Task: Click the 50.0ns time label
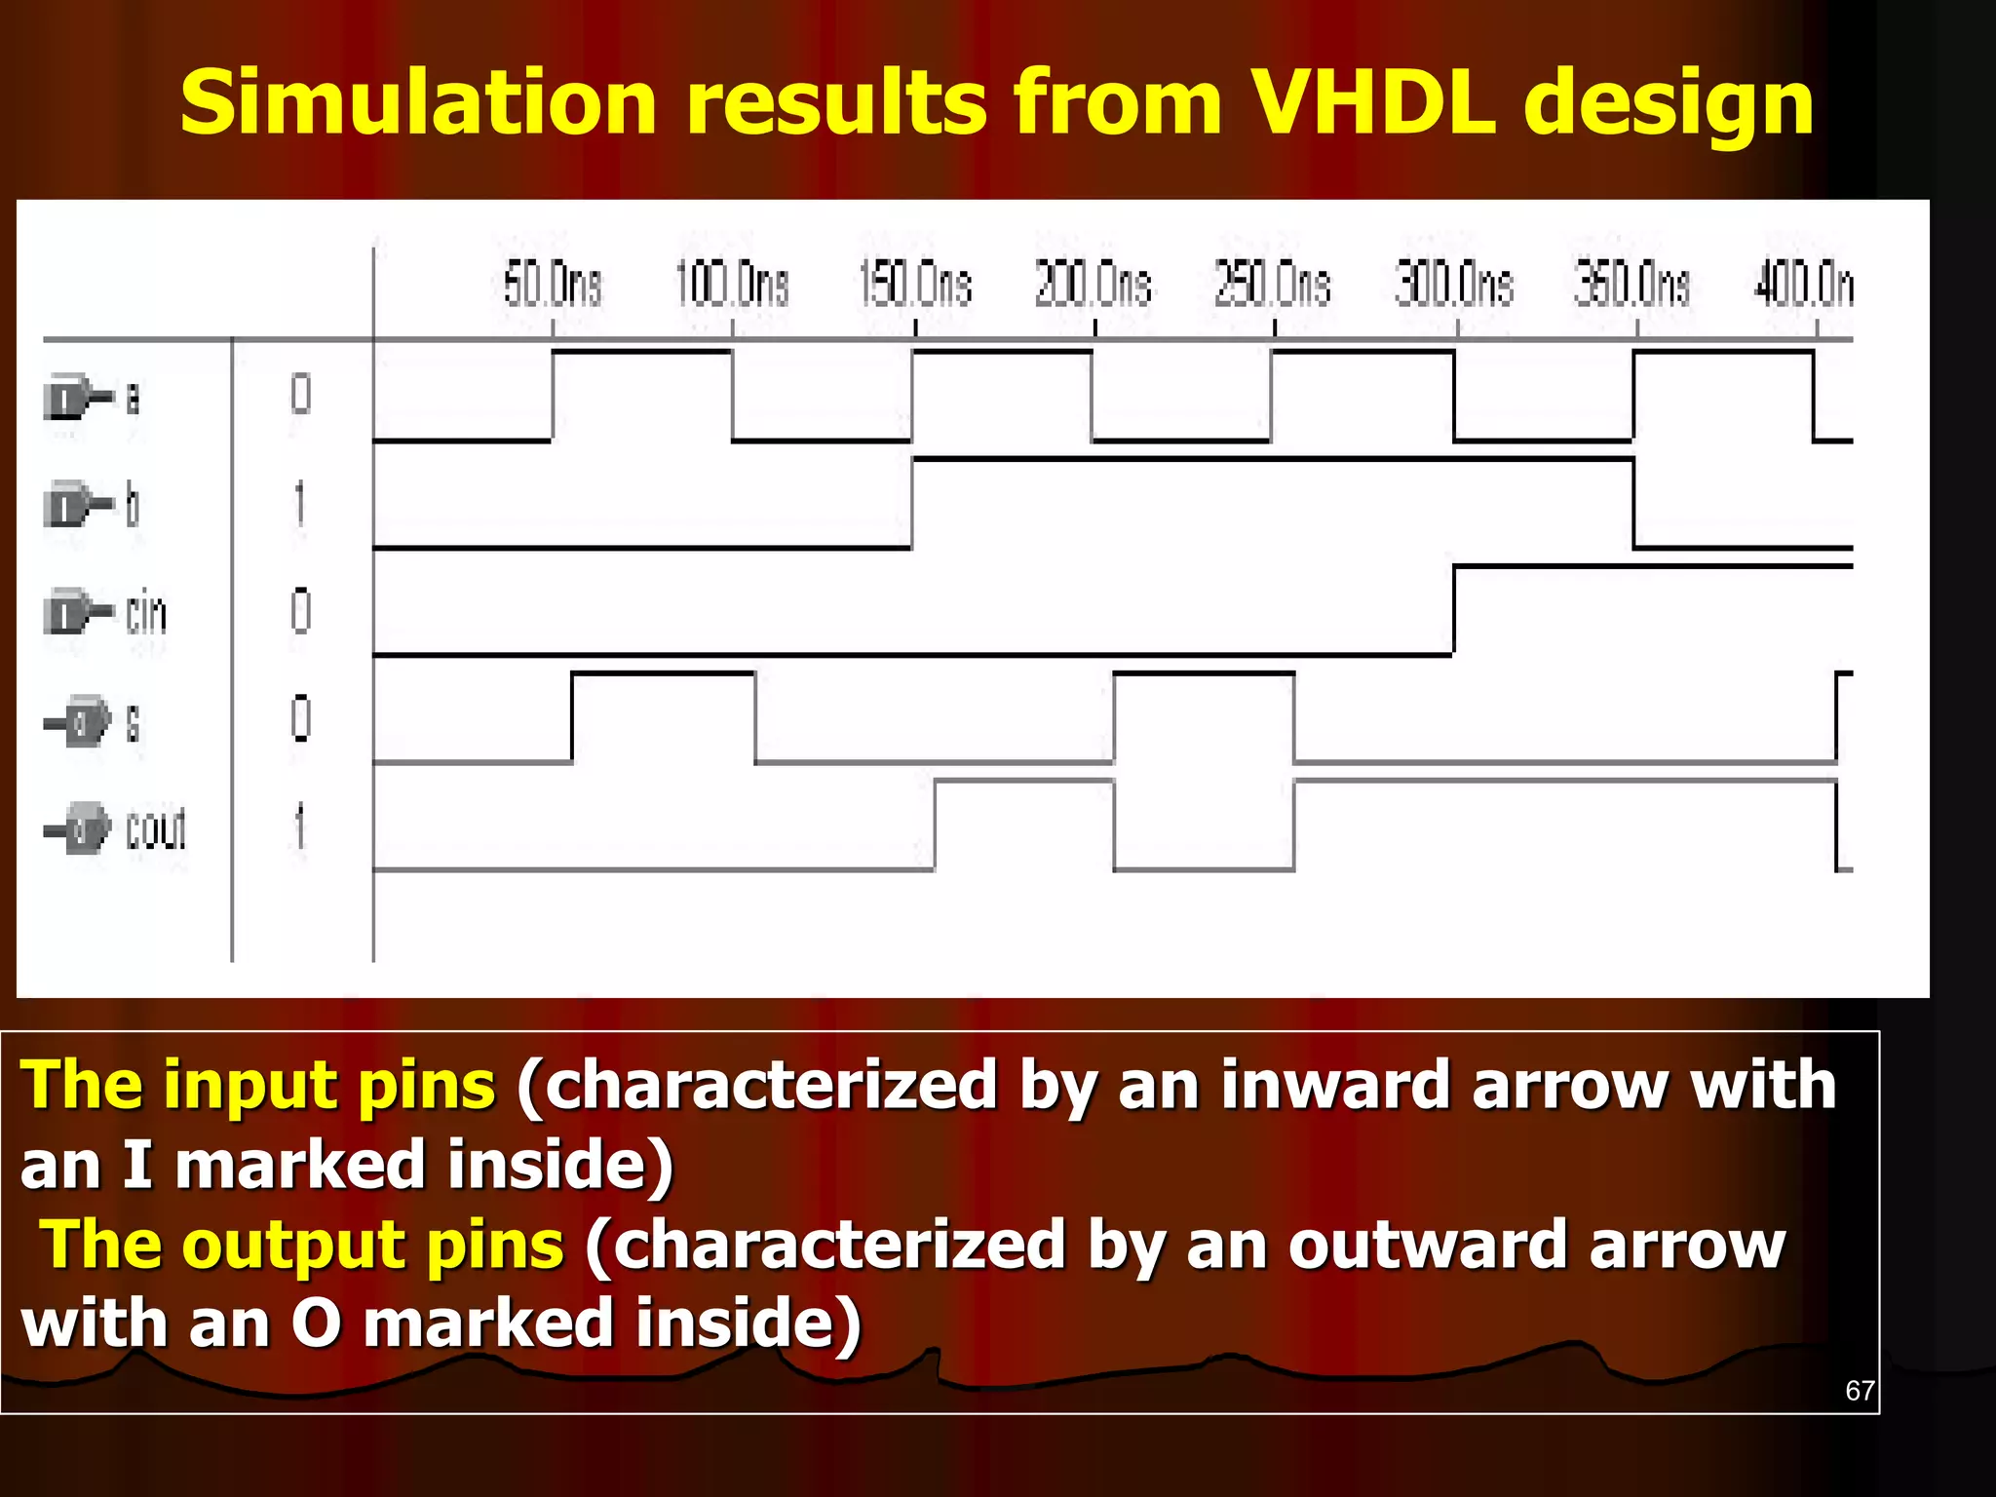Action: coord(552,285)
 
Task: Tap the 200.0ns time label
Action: coord(1093,285)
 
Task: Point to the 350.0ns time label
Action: coord(1631,285)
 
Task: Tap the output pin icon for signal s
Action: coord(82,722)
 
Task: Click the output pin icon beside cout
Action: coord(82,829)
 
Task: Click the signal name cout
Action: coord(156,829)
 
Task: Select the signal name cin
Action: coord(146,614)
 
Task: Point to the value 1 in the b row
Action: coord(300,505)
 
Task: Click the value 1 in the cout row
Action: coord(300,826)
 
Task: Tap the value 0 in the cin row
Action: coord(300,612)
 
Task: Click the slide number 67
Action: coord(1860,1390)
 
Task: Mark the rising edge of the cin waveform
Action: coord(1453,610)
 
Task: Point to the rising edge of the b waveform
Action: coord(912,503)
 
